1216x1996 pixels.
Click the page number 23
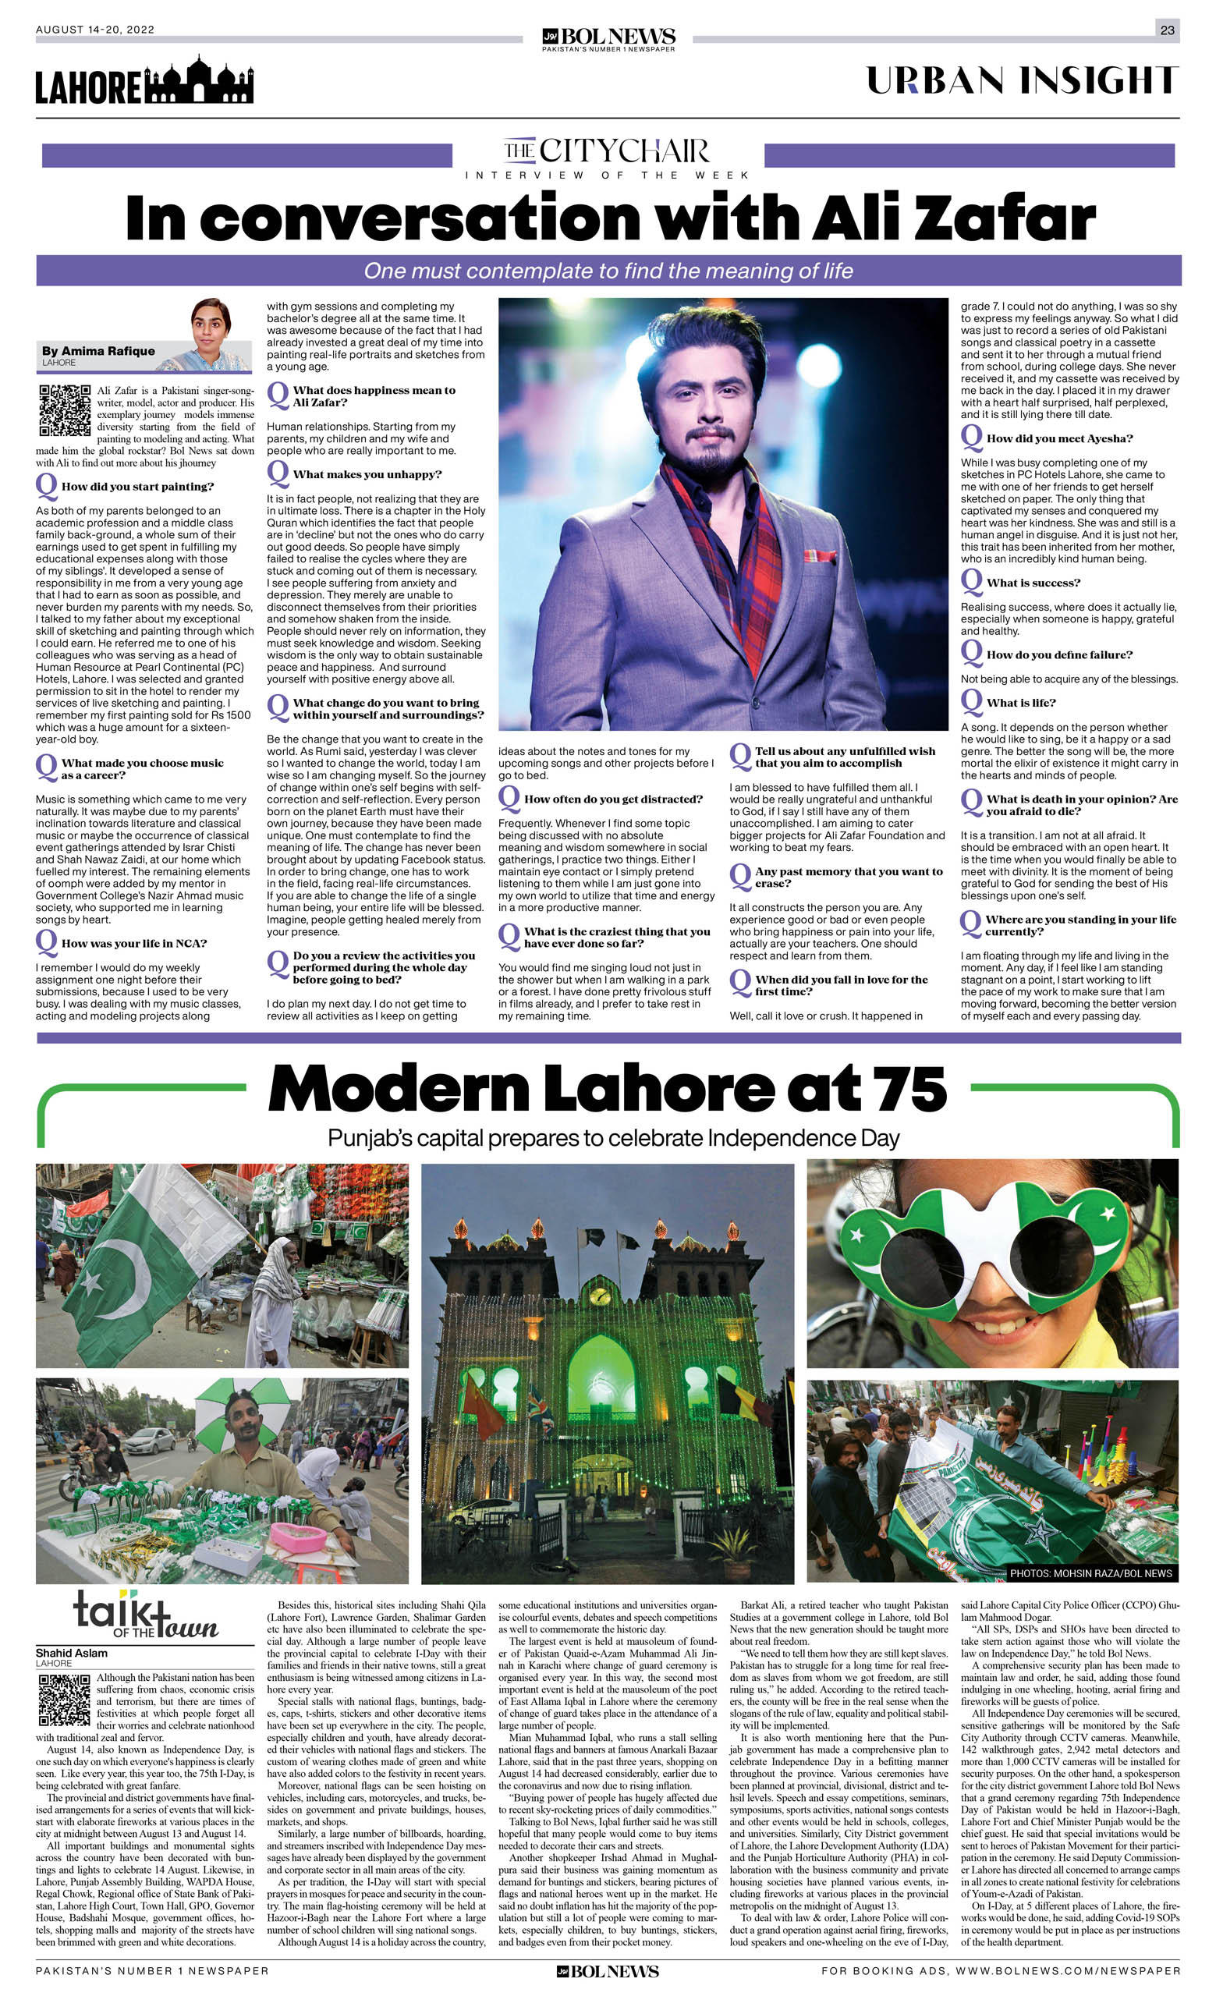(x=1167, y=30)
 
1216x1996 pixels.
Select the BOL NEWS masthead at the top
(x=608, y=38)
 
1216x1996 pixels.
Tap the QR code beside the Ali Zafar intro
(x=64, y=411)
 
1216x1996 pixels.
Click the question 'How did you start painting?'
(x=137, y=487)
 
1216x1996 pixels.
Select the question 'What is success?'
(x=1033, y=583)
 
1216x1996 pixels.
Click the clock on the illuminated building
(x=600, y=1296)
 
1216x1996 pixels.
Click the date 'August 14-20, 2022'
(x=95, y=30)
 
